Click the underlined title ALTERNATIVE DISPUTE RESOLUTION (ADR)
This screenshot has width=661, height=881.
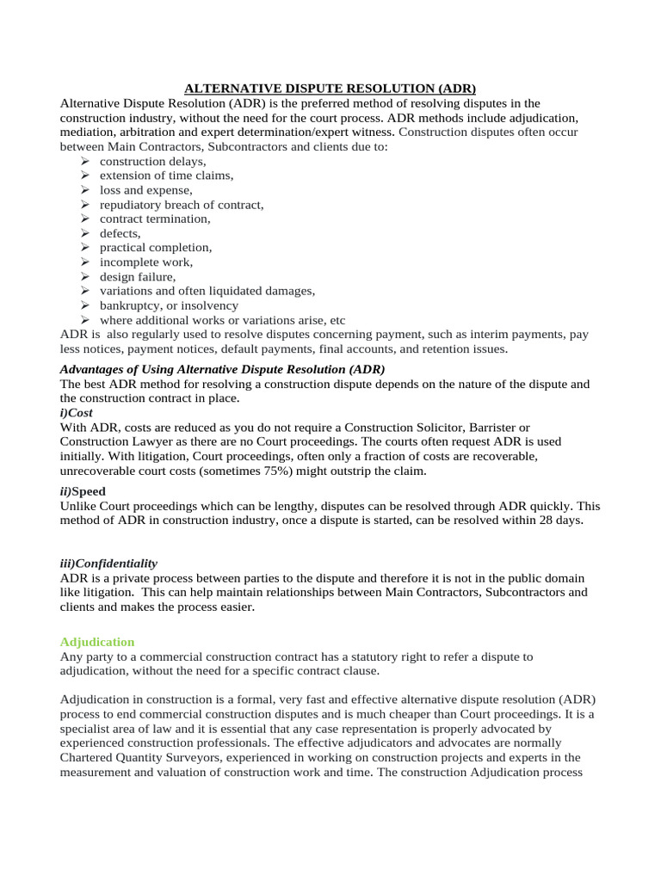[330, 89]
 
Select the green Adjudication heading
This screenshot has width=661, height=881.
[97, 642]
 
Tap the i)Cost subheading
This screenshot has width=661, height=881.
[77, 413]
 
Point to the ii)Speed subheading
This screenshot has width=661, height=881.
[83, 491]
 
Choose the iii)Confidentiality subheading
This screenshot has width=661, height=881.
[108, 564]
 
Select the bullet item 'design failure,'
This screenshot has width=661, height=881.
[137, 276]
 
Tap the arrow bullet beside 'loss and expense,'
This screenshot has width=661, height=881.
[84, 190]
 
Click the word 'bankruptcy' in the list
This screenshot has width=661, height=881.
[129, 305]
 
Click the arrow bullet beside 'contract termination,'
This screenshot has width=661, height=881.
[84, 219]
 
